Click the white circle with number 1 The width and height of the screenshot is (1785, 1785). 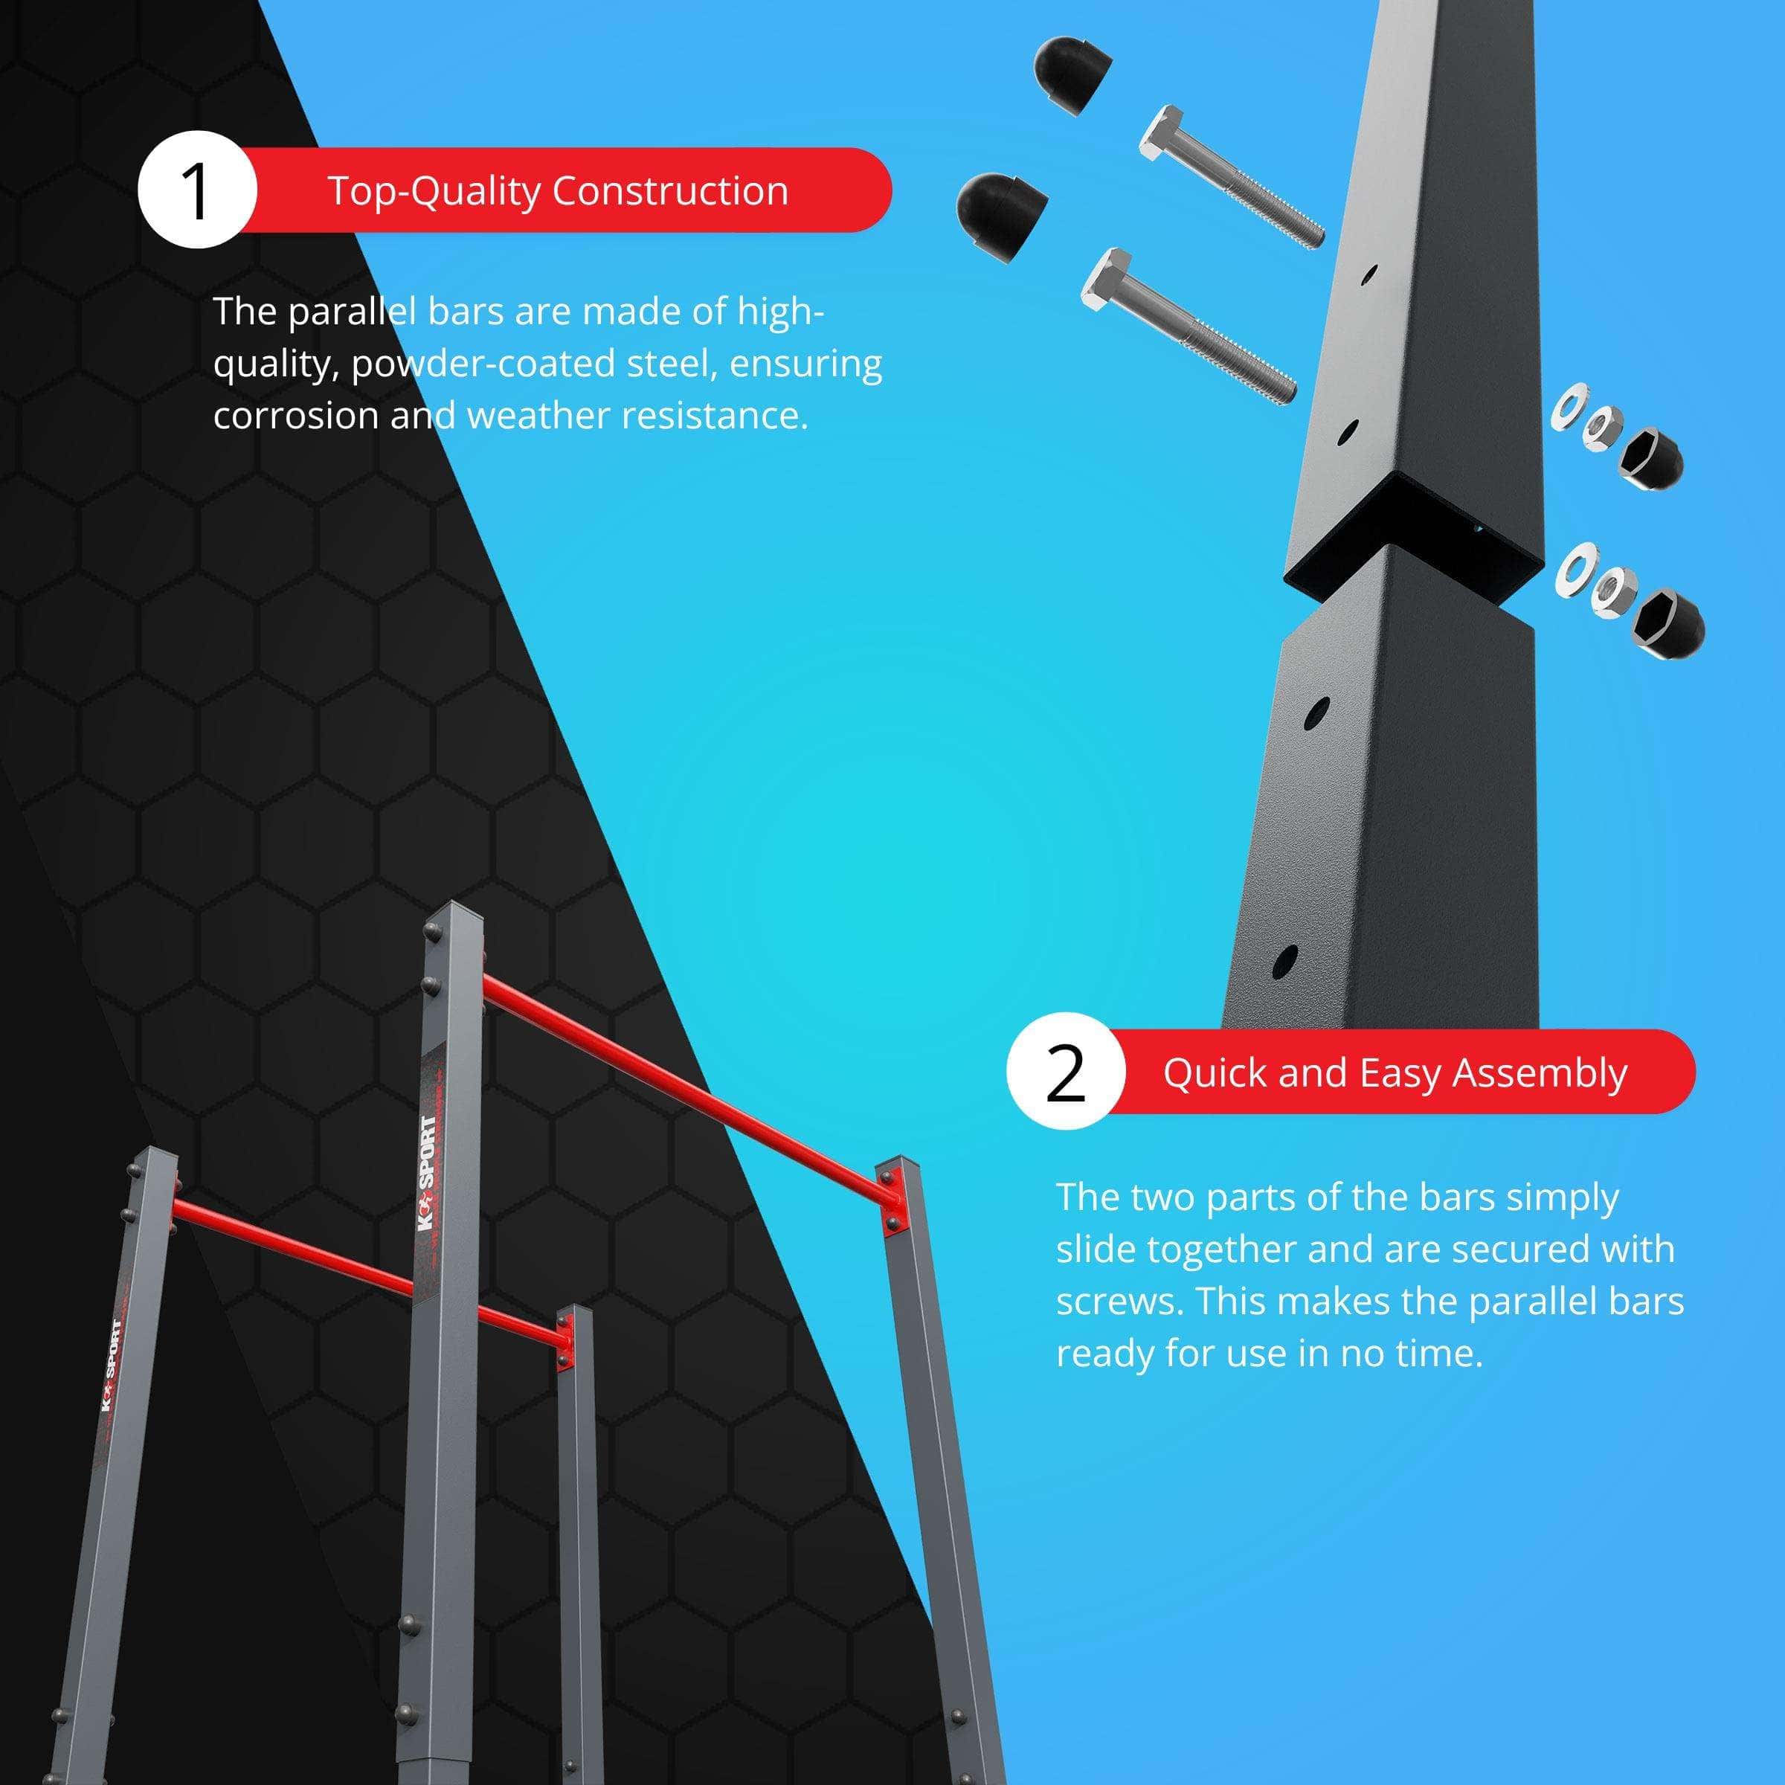pos(197,190)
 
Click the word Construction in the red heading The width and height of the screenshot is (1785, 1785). pos(670,190)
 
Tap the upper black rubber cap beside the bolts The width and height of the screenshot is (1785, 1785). pos(1072,76)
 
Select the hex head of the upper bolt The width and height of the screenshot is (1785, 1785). pos(1163,136)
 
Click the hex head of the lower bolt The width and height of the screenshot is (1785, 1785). pos(1107,281)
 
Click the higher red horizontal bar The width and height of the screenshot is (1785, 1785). pos(688,1086)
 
